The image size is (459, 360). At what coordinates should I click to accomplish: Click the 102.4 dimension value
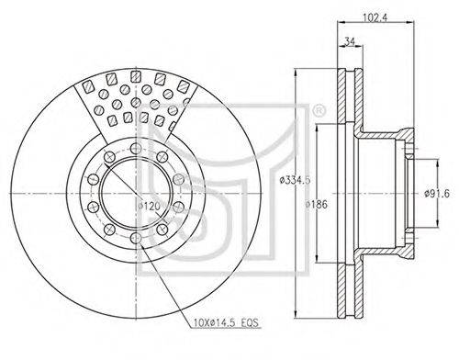(375, 17)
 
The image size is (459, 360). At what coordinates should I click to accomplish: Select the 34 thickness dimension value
(350, 40)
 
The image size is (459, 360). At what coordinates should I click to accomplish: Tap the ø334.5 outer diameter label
(295, 180)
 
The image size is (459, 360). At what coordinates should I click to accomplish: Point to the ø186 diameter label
(317, 204)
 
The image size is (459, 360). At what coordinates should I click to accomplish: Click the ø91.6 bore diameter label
(437, 194)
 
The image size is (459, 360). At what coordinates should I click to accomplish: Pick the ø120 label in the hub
(149, 206)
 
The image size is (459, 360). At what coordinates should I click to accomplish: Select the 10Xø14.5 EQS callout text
(226, 322)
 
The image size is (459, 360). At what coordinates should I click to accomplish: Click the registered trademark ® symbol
(319, 110)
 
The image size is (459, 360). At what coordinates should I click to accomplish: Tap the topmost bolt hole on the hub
(136, 149)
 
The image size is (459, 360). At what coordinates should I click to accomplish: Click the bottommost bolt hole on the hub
(136, 238)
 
